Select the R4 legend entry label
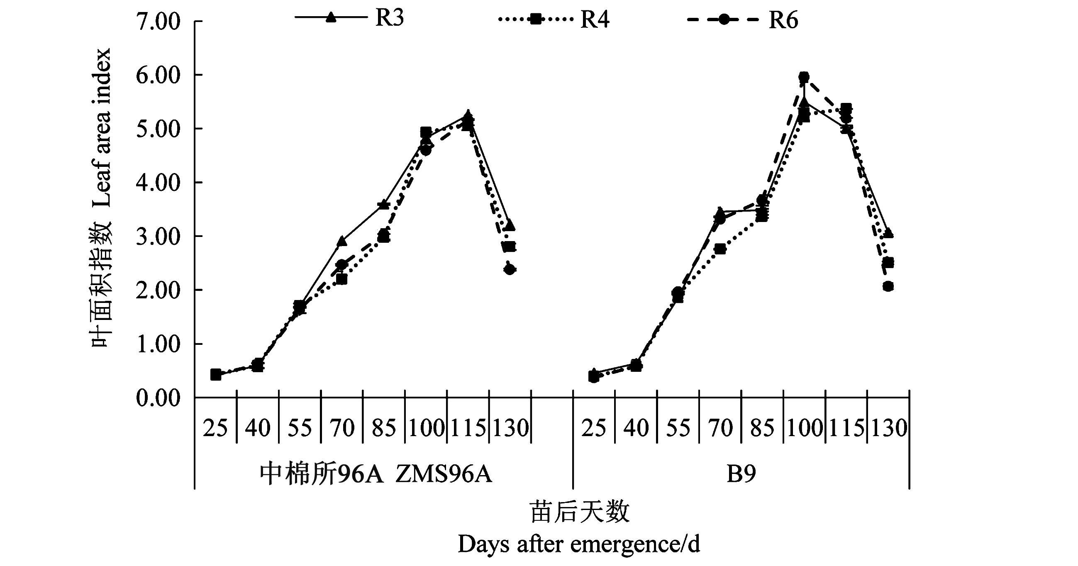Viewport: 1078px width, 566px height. (x=595, y=19)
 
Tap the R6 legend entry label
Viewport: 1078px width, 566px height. (x=783, y=20)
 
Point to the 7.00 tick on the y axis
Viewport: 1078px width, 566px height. (x=158, y=21)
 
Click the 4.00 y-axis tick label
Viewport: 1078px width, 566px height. (x=158, y=183)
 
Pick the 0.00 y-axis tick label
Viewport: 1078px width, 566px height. (x=158, y=398)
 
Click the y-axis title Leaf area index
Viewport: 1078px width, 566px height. (x=102, y=128)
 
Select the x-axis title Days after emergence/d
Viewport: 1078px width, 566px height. (x=579, y=545)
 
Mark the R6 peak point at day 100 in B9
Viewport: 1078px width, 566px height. (x=804, y=77)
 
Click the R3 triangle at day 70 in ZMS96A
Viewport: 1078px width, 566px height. (x=342, y=242)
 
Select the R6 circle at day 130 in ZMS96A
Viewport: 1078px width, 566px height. (x=510, y=270)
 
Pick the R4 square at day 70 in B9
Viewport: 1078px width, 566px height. (x=720, y=249)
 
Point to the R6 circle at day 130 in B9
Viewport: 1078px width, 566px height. (x=888, y=286)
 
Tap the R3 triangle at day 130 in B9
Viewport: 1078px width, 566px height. (x=888, y=233)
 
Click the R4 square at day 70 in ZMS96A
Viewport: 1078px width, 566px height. (x=342, y=279)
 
